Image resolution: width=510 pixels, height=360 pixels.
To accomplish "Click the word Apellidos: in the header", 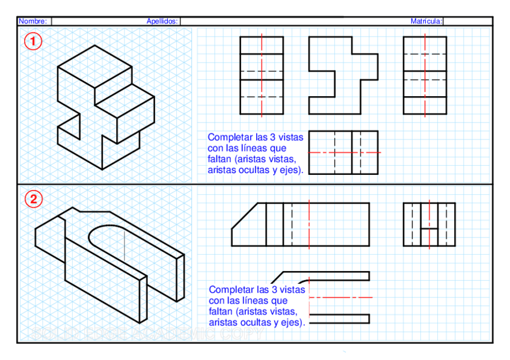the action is point(162,21).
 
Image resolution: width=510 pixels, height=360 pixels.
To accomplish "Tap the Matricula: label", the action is point(426,21).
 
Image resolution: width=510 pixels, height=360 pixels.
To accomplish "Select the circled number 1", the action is point(33,41).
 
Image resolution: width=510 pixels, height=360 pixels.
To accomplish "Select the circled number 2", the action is point(33,199).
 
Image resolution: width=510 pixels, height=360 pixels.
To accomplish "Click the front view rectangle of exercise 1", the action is point(262,75).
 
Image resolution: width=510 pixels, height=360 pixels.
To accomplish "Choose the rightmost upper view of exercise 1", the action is point(425,75).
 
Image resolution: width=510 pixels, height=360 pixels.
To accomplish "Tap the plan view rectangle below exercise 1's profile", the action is point(343,153).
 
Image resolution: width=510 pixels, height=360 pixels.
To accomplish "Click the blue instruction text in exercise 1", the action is point(256,153).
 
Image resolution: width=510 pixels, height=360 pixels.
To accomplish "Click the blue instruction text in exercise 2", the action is point(256,305).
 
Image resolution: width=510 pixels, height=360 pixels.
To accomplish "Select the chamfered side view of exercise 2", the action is point(301,224).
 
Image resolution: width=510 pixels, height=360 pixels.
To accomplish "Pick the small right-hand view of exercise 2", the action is point(429,224).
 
